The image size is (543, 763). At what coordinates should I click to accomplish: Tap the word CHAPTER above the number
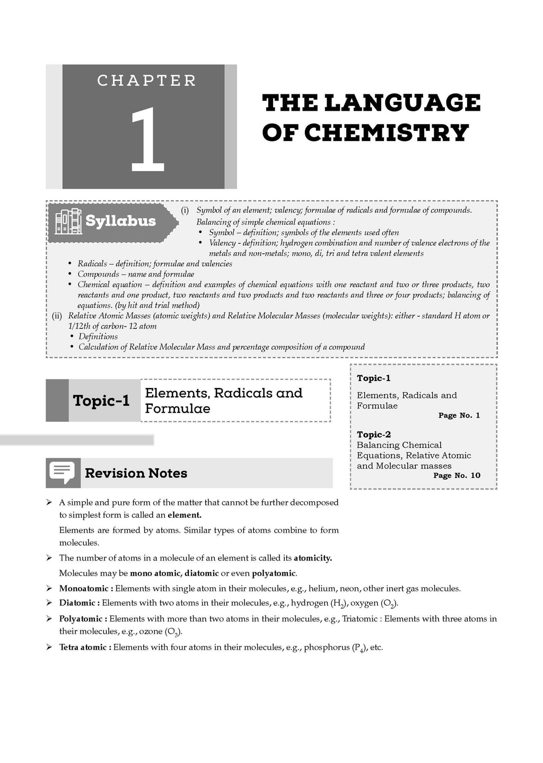click(x=147, y=81)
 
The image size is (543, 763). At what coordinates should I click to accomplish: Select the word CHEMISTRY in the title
click(x=387, y=132)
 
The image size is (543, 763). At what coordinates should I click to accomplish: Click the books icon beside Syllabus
click(x=68, y=221)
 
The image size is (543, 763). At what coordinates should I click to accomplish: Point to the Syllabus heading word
click(x=120, y=221)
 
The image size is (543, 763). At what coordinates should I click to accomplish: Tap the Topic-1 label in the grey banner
click(x=101, y=401)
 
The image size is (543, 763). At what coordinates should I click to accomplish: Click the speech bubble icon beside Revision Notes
click(x=63, y=472)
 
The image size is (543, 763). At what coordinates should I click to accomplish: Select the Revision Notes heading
click(x=136, y=473)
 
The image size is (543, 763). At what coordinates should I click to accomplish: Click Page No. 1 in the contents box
click(x=459, y=415)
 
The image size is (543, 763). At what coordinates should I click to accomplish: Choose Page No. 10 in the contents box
click(x=457, y=475)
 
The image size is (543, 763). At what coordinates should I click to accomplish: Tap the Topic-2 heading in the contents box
click(x=374, y=434)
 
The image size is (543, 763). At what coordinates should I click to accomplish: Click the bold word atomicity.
click(x=312, y=558)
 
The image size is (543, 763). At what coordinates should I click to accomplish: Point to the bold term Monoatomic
click(x=85, y=588)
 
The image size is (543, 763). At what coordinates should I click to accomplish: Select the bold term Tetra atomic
click(x=85, y=647)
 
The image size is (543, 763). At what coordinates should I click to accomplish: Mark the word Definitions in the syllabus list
click(x=98, y=336)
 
